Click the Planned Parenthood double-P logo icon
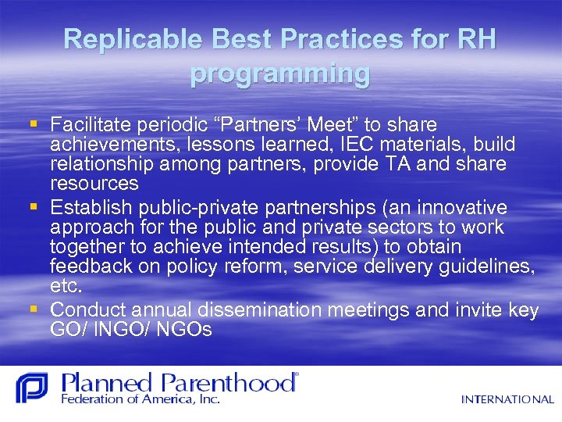pos(31,388)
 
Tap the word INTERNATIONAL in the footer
pos(507,399)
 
